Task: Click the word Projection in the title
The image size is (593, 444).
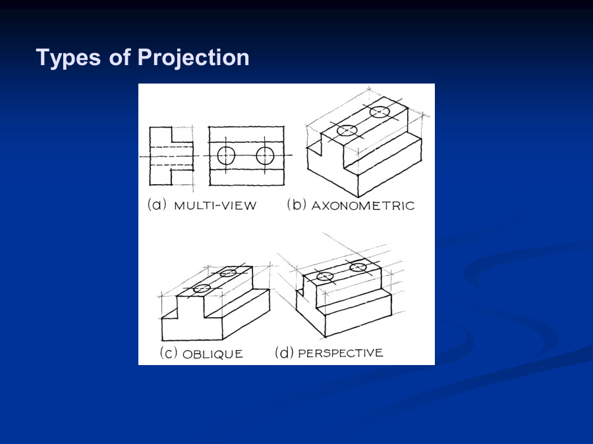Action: (x=193, y=58)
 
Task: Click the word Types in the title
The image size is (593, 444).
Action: (x=69, y=58)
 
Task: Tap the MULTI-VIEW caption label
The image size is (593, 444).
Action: (x=215, y=206)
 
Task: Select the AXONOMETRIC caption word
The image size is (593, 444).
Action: (x=363, y=206)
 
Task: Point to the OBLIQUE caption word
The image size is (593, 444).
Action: (x=213, y=354)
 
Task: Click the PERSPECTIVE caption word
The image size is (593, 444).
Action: (x=341, y=353)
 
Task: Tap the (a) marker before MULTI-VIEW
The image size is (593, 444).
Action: (x=157, y=205)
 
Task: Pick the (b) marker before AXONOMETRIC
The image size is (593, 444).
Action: (x=296, y=205)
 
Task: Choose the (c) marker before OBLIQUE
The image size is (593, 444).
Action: (x=169, y=353)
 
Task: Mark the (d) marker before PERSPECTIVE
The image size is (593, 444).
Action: (x=284, y=353)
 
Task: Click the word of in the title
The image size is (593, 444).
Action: (x=119, y=57)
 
